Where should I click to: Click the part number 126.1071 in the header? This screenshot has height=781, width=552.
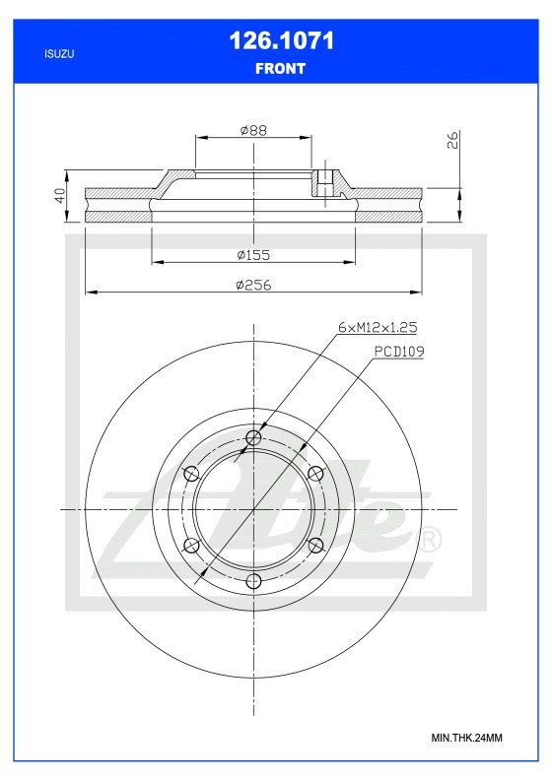pyautogui.click(x=281, y=40)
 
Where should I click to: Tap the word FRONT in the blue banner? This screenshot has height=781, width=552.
pyautogui.click(x=280, y=69)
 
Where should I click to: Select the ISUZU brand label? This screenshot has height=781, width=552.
pyautogui.click(x=59, y=54)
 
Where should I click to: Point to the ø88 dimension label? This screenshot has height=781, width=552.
pyautogui.click(x=253, y=131)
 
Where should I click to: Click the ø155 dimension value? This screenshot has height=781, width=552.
pyautogui.click(x=253, y=255)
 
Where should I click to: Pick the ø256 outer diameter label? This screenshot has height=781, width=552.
pyautogui.click(x=253, y=285)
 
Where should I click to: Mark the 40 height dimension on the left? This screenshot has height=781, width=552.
pyautogui.click(x=60, y=195)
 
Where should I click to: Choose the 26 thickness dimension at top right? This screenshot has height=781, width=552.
pyautogui.click(x=452, y=140)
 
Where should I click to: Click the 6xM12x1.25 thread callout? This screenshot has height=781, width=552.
pyautogui.click(x=378, y=327)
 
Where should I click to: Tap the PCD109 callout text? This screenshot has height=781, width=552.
pyautogui.click(x=399, y=352)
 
